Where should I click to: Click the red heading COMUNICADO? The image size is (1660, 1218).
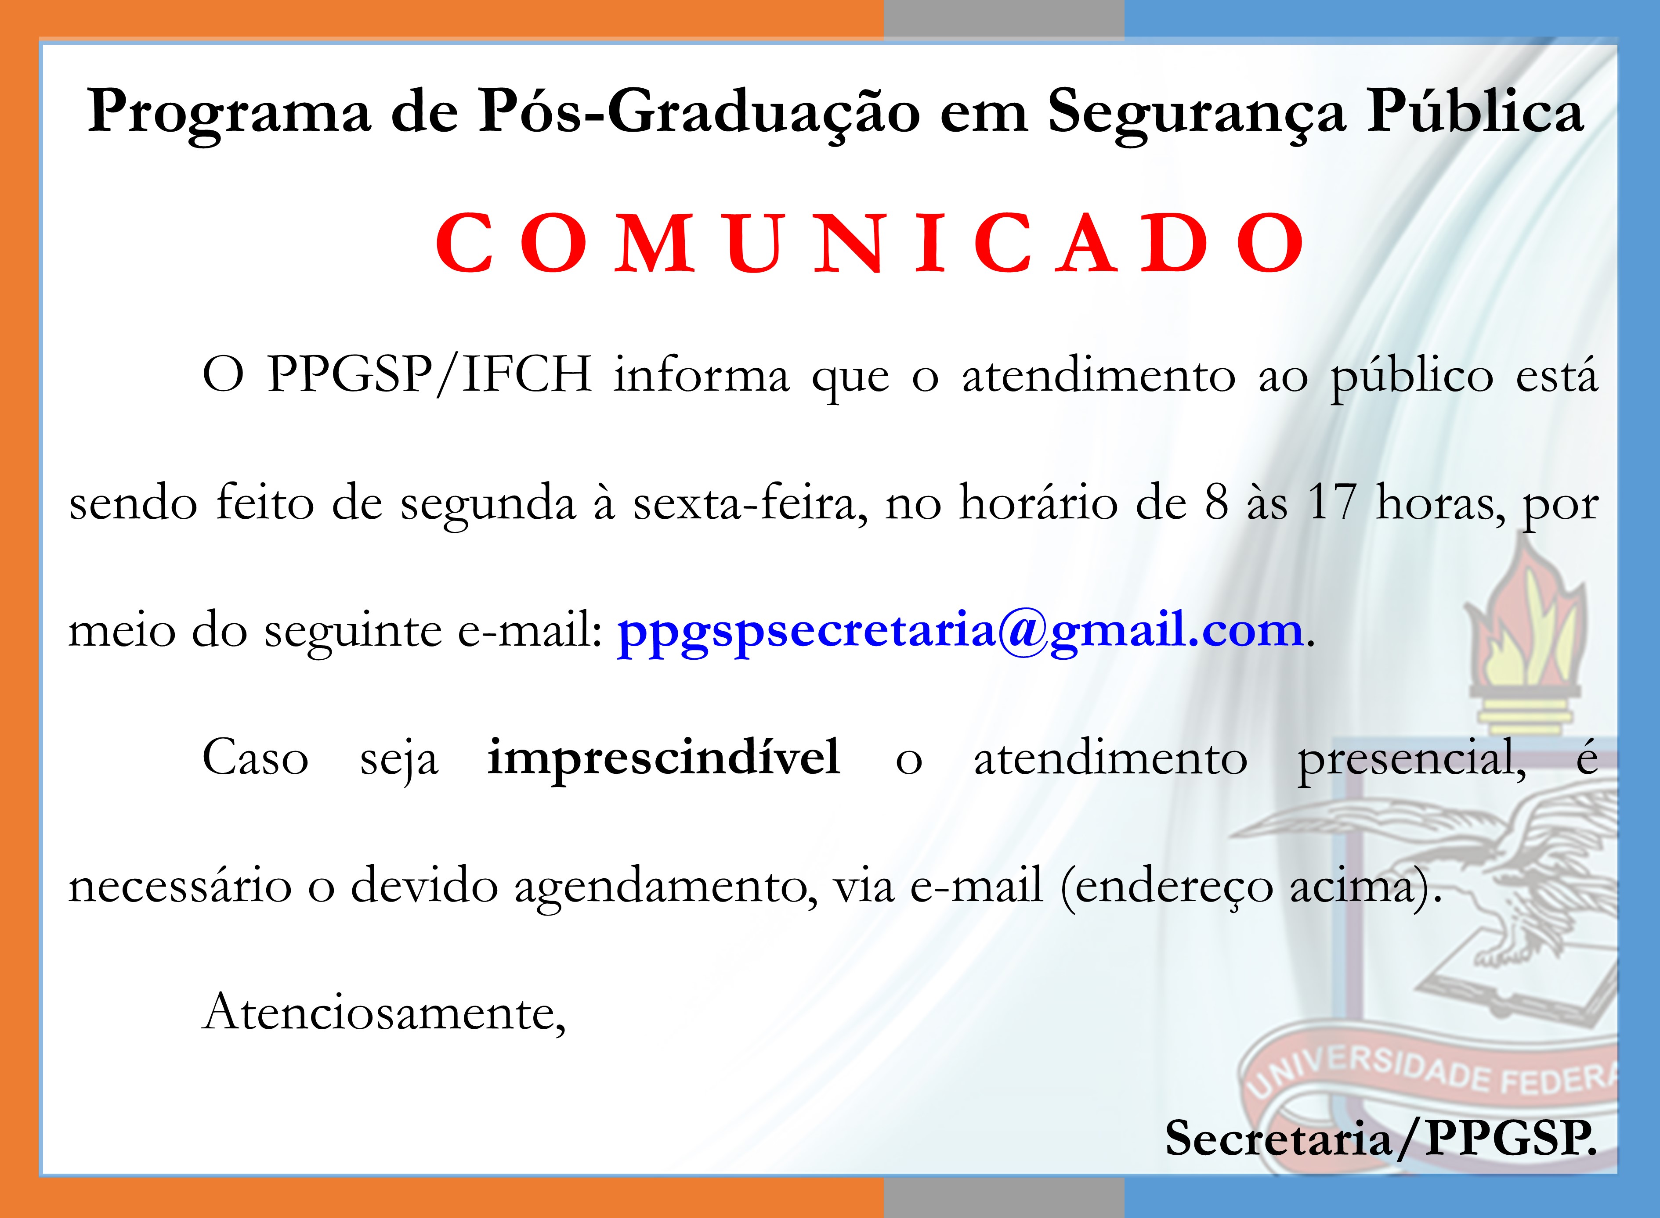pyautogui.click(x=870, y=243)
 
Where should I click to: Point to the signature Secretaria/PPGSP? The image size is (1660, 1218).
pyautogui.click(x=1380, y=1139)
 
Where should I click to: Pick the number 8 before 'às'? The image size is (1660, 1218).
pyautogui.click(x=1217, y=503)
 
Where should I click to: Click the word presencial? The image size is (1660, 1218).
pyautogui.click(x=1411, y=758)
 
